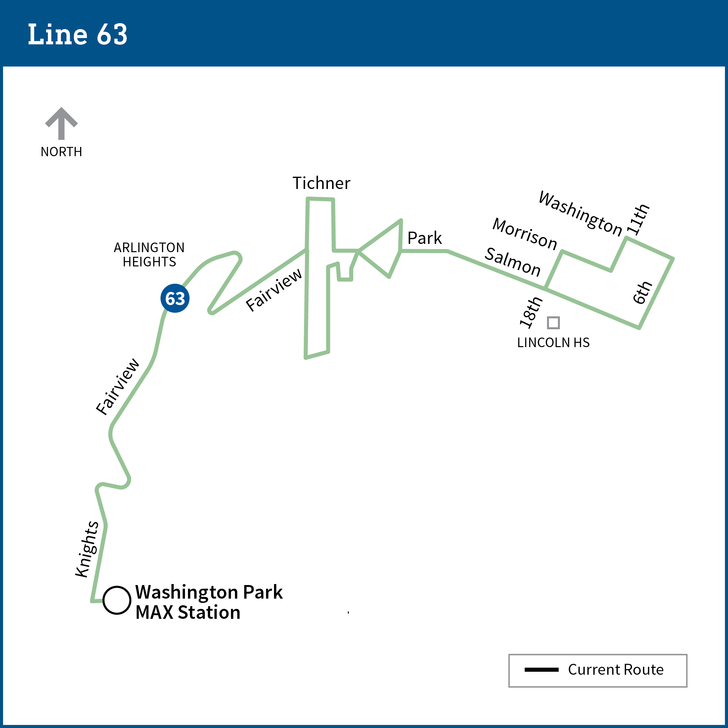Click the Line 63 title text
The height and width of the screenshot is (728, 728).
pyautogui.click(x=78, y=35)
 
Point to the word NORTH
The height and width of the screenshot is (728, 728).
pyautogui.click(x=62, y=152)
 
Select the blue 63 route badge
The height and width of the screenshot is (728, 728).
pyautogui.click(x=175, y=298)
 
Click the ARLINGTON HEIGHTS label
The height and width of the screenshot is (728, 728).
pyautogui.click(x=149, y=255)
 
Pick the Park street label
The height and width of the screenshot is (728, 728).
pyautogui.click(x=424, y=238)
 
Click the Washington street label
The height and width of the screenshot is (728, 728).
pyautogui.click(x=580, y=213)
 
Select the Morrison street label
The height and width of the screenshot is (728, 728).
pyautogui.click(x=525, y=234)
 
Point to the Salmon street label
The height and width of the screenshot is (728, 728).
pyautogui.click(x=513, y=262)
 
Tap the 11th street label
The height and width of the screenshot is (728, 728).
pyautogui.click(x=638, y=219)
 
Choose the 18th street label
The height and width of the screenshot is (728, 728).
pyautogui.click(x=531, y=312)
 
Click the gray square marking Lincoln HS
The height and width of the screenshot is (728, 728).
pyautogui.click(x=553, y=323)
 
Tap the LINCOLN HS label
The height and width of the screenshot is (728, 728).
pyautogui.click(x=553, y=343)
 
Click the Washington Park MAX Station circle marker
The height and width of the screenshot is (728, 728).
pyautogui.click(x=117, y=600)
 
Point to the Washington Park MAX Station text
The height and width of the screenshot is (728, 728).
pyautogui.click(x=209, y=602)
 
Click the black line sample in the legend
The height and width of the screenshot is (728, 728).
pyautogui.click(x=541, y=669)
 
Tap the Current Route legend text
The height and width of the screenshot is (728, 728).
pyautogui.click(x=616, y=669)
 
